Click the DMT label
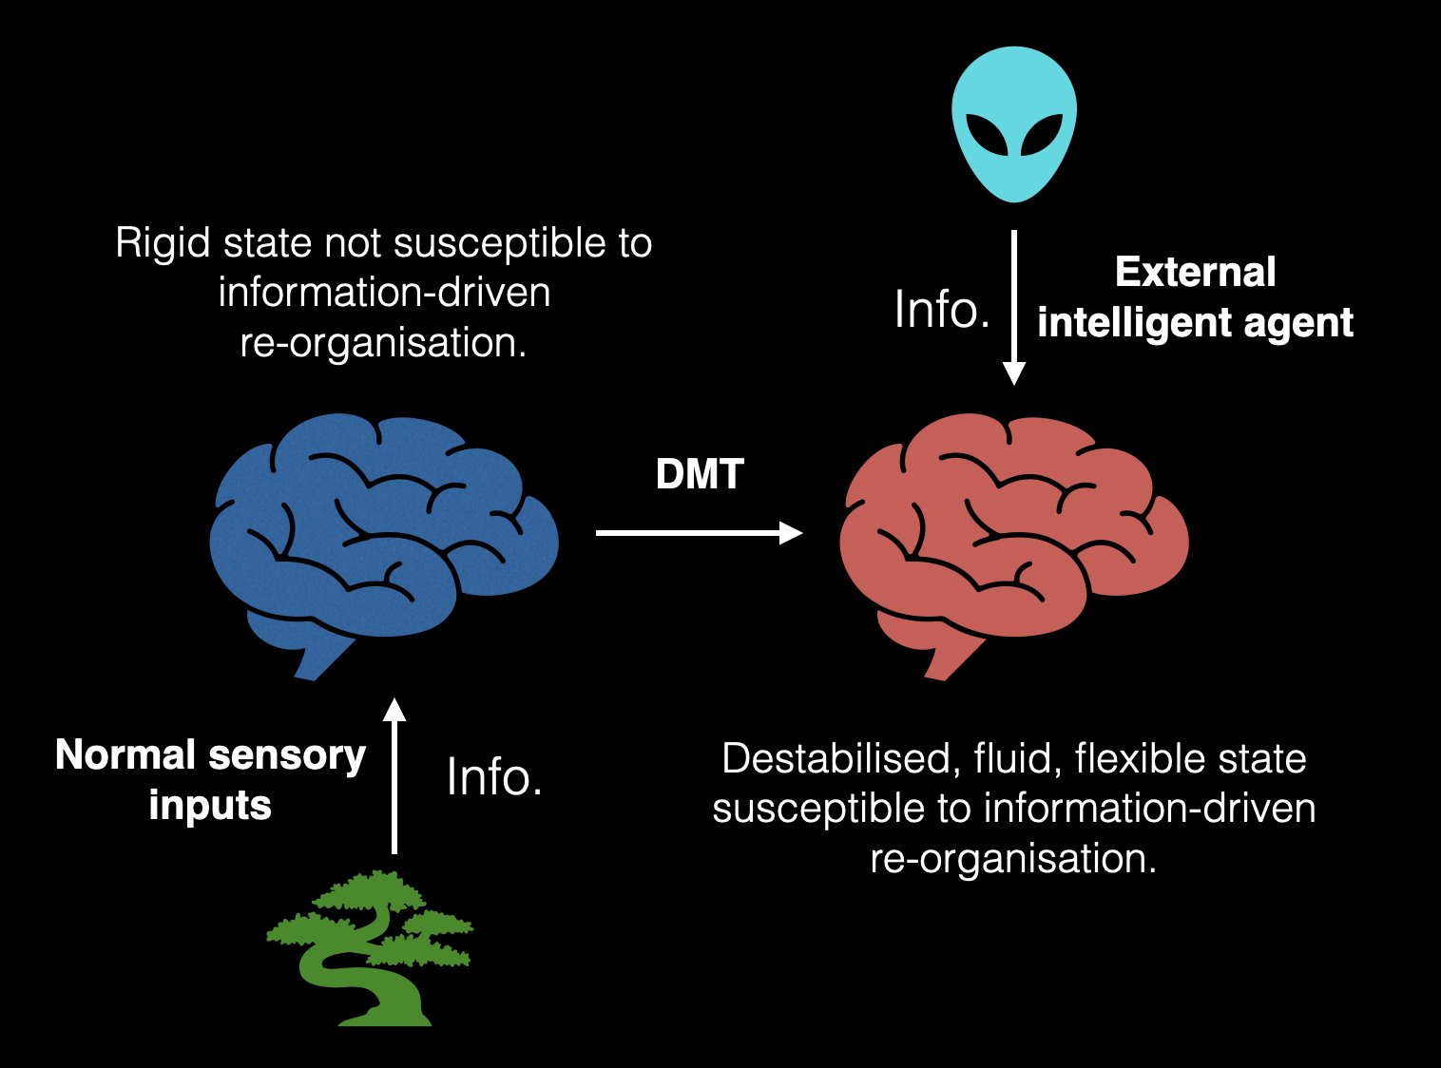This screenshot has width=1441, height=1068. tap(700, 474)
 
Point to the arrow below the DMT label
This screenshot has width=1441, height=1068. tap(699, 533)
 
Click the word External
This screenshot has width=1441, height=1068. tap(1195, 273)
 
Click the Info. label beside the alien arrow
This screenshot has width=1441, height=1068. tap(942, 310)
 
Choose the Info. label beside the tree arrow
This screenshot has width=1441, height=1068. tap(494, 777)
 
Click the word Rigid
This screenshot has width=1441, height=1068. tap(163, 243)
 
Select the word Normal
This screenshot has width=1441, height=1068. tap(125, 755)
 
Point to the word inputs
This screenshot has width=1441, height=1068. tap(210, 806)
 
